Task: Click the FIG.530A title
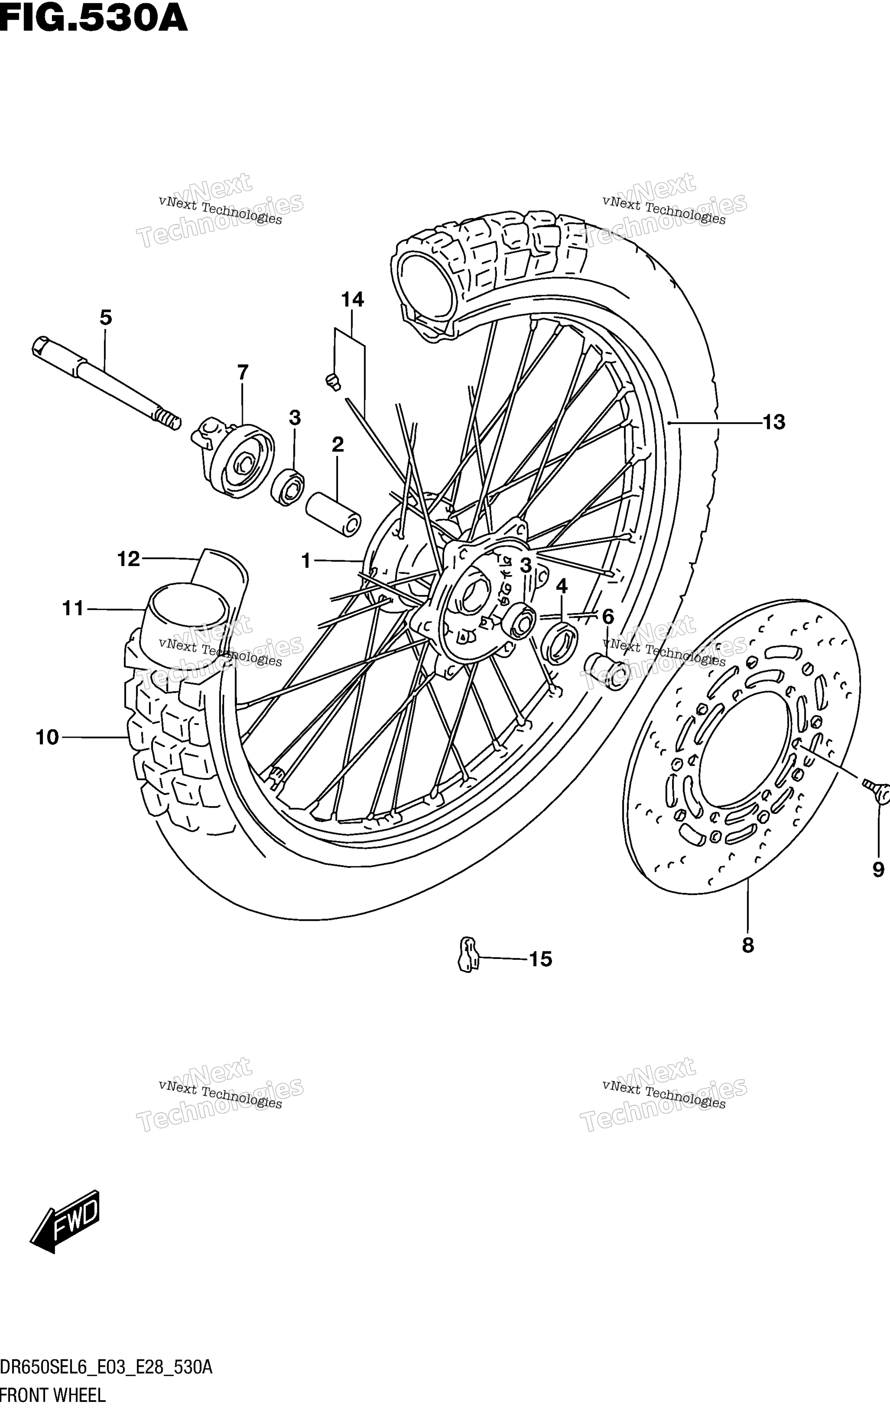tap(94, 19)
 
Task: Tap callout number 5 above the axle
tap(105, 318)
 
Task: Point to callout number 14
tap(352, 299)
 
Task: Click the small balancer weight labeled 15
tap(467, 954)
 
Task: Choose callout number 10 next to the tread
tap(47, 737)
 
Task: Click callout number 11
tap(74, 609)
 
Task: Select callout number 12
tap(129, 559)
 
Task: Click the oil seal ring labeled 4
tap(559, 643)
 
